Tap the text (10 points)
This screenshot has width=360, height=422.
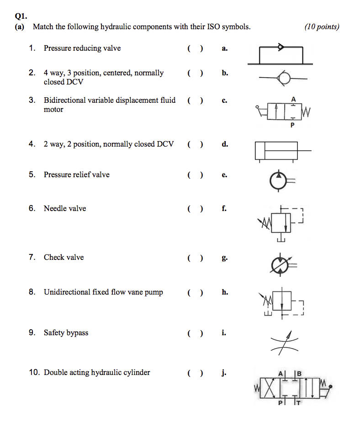[322, 26]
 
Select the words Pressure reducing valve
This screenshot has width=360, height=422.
[82, 48]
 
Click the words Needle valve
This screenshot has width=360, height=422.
[65, 209]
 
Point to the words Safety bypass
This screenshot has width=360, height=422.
[66, 333]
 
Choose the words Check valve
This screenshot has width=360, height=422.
[64, 258]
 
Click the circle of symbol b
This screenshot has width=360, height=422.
[284, 79]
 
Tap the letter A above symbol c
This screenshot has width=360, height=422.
[293, 99]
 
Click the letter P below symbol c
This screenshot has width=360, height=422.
[292, 126]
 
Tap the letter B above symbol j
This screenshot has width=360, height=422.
[299, 374]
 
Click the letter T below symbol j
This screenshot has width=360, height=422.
[299, 403]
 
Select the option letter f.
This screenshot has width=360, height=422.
[224, 209]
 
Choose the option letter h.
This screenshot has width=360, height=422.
[225, 292]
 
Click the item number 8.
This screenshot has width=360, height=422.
[32, 292]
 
